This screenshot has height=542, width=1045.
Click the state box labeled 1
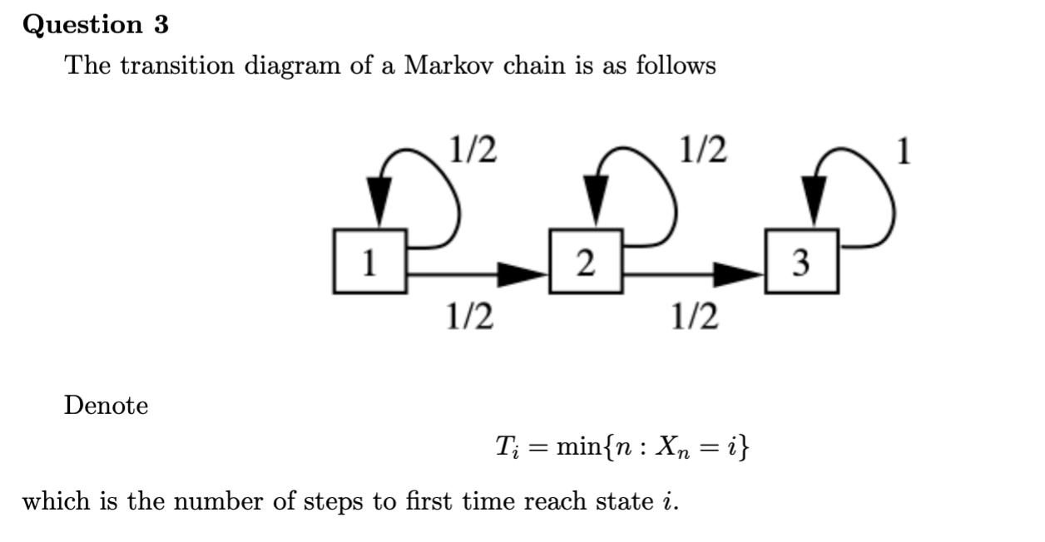[369, 262]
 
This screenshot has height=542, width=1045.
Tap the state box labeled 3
[800, 262]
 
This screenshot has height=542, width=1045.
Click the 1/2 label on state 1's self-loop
[472, 150]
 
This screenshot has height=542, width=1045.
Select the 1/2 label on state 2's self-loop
[701, 150]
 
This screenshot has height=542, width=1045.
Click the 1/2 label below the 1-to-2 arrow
[468, 316]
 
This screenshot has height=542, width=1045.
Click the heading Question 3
[96, 25]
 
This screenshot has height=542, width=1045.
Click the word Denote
[106, 406]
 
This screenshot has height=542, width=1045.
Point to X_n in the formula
[673, 450]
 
